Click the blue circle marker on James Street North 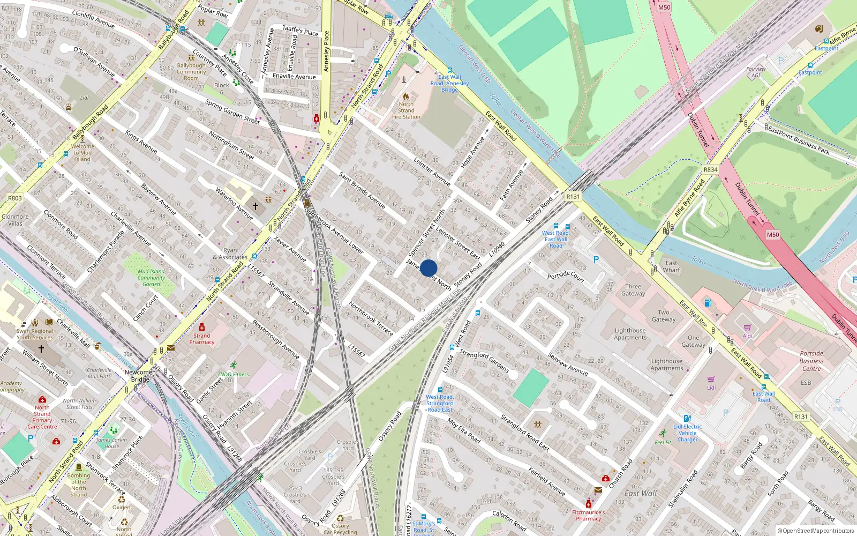(428, 268)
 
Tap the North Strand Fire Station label (406, 110)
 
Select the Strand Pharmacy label (202, 339)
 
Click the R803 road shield (15, 198)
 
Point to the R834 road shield (710, 169)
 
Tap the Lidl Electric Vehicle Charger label (688, 433)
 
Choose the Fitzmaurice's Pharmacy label (588, 515)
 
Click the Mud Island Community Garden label (151, 278)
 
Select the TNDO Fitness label (233, 374)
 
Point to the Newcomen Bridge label (140, 376)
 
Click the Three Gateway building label (633, 290)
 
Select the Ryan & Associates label (230, 254)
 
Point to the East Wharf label (671, 266)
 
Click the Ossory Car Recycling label (340, 529)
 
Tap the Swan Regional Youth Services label (35, 334)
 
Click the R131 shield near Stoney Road (573, 197)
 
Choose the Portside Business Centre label (811, 361)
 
